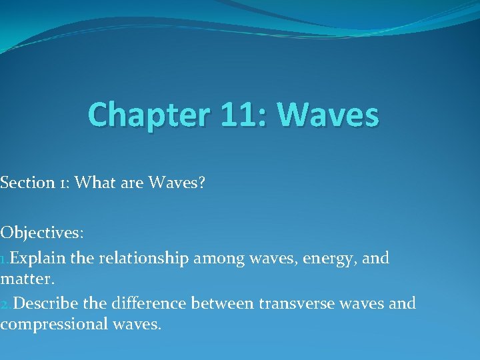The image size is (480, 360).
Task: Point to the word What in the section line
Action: tap(96, 183)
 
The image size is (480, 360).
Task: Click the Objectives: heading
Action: tap(42, 233)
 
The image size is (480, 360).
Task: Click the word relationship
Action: tap(145, 259)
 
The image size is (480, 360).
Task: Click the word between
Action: tap(222, 304)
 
